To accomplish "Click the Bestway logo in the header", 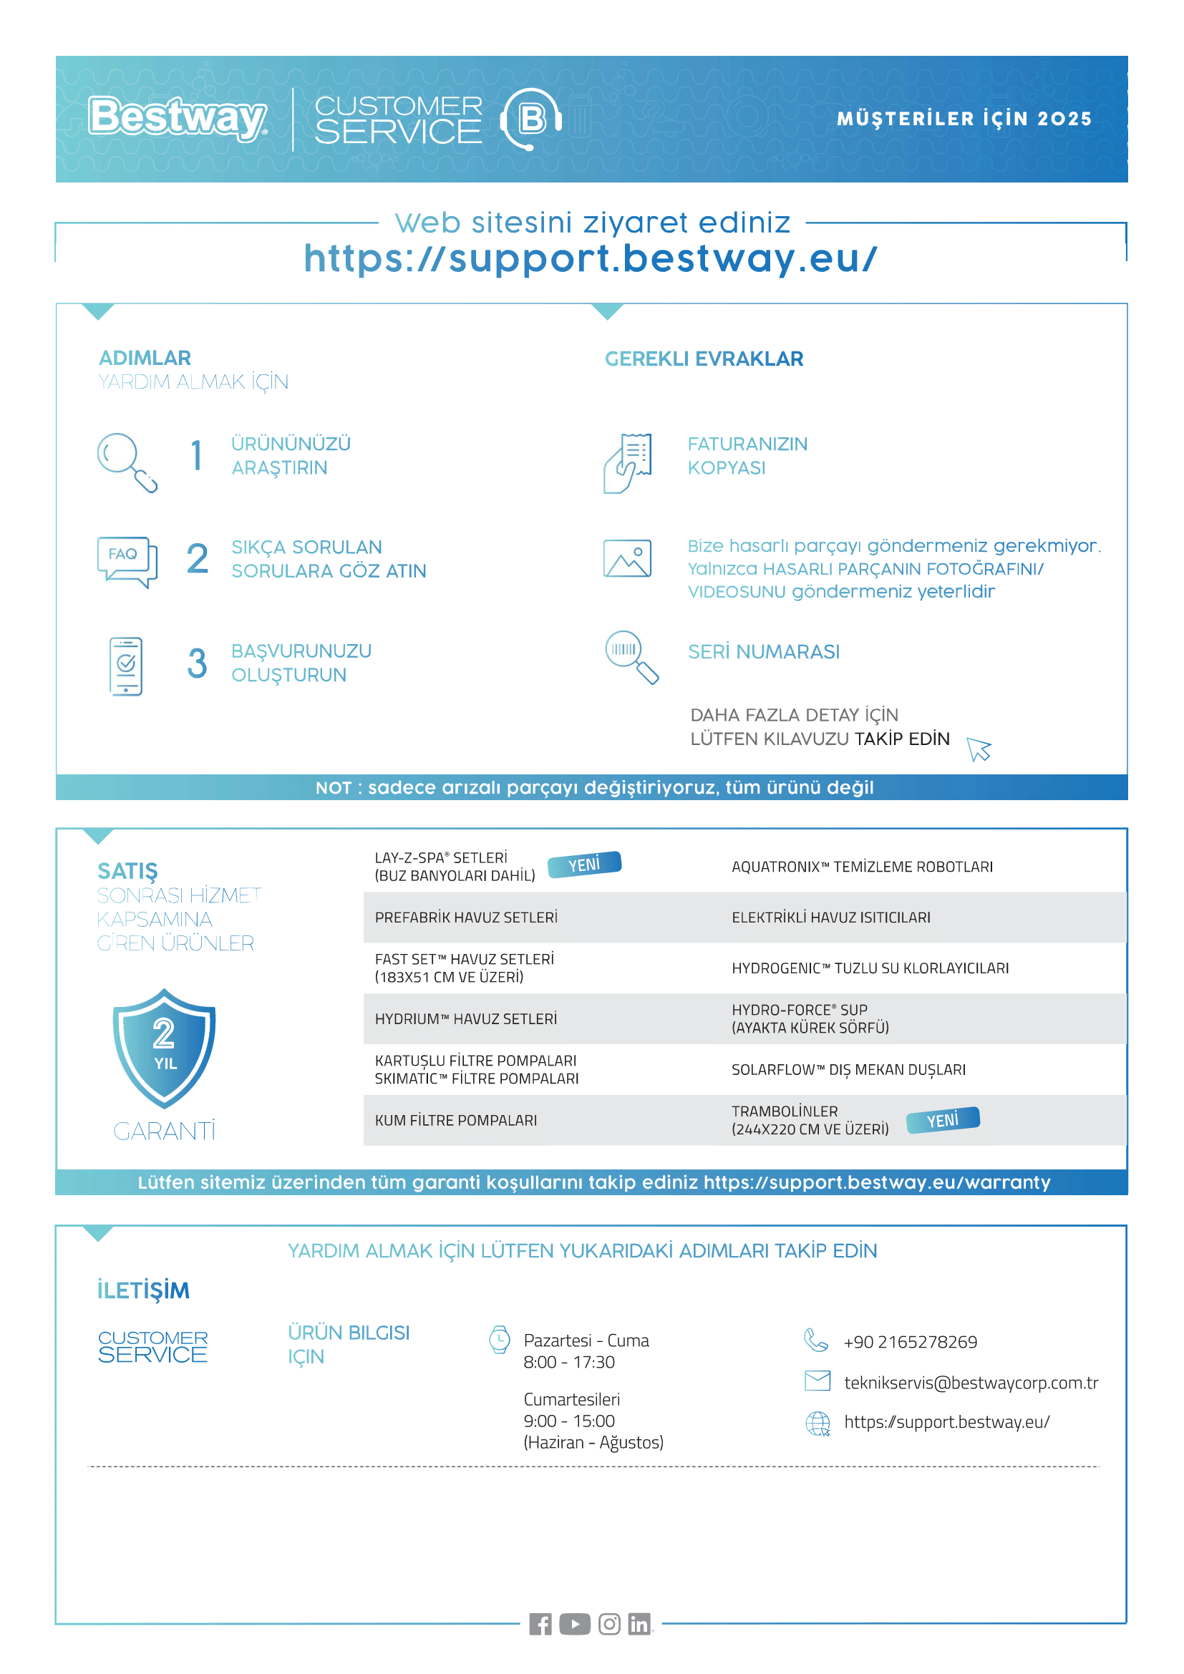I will [177, 117].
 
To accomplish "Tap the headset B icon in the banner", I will [531, 118].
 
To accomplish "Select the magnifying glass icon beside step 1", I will [127, 462].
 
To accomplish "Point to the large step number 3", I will [197, 663].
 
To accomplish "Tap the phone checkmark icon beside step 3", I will [126, 666].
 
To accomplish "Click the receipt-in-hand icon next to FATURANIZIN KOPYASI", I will [627, 463].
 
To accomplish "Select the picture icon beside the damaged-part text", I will [627, 558].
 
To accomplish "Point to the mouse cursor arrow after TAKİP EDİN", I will [979, 749].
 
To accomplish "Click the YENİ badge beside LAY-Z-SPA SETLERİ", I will [584, 865].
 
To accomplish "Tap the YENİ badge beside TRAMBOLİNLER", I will [943, 1120].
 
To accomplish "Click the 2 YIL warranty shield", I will [164, 1048].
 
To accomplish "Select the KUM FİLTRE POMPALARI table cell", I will [456, 1121].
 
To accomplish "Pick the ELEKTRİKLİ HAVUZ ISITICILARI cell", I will [830, 918].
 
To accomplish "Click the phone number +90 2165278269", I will [910, 1342].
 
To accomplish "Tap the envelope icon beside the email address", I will [817, 1380].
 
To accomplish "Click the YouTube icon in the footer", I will [575, 1624].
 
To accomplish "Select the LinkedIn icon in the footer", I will [639, 1624].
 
